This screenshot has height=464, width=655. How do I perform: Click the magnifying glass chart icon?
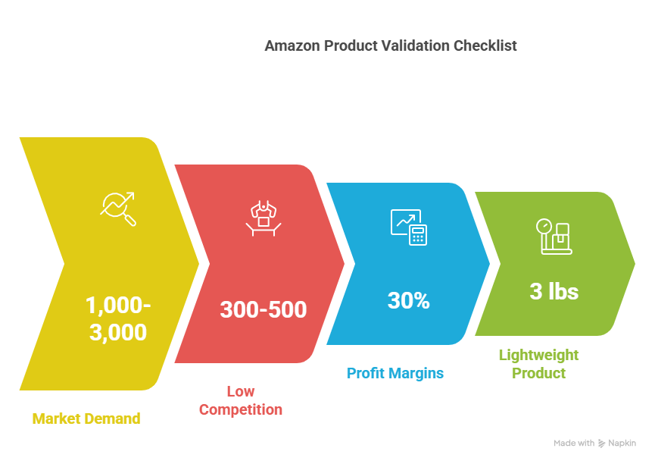coord(118,208)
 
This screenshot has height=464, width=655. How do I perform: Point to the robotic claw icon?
coord(264,218)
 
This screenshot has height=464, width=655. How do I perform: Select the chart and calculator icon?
coord(409,227)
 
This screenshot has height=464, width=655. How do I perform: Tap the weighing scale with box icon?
coord(554,237)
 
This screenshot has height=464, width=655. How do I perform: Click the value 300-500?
coord(264,309)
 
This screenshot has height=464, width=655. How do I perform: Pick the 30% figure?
coord(409,300)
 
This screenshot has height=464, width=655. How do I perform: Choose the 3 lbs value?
coord(554,291)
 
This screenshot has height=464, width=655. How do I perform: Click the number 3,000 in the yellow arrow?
coord(118,333)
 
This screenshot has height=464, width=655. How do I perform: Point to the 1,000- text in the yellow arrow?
coord(118,305)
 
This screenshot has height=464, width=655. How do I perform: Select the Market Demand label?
coord(86,419)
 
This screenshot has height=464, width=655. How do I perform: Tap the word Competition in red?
coord(241,409)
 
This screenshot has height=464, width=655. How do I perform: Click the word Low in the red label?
coord(241,391)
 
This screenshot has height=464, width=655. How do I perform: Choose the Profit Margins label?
coord(395,373)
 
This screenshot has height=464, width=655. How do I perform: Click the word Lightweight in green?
coord(539,356)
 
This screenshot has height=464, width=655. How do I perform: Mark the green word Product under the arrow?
coord(539,373)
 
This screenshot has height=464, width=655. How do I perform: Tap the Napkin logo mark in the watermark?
coord(601,444)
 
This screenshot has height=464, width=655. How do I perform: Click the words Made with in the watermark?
coord(574,443)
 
